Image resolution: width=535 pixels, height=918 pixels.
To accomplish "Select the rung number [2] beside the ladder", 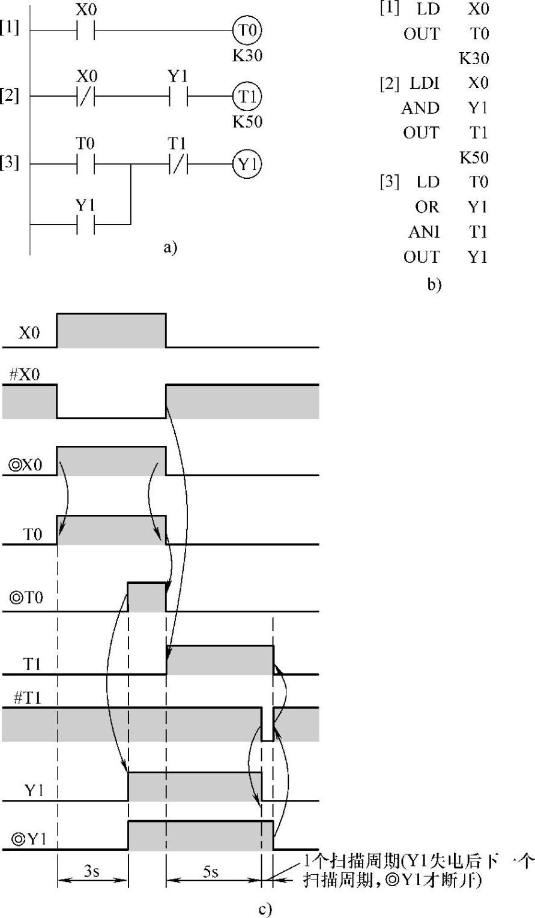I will pos(10,96).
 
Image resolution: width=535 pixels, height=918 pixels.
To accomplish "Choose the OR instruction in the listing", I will pos(427,207).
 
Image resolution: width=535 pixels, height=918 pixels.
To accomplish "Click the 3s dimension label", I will pos(92,872).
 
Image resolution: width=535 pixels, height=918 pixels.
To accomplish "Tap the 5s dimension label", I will pos(210,872).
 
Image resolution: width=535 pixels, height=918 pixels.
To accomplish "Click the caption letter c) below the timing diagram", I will pos(265,910).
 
